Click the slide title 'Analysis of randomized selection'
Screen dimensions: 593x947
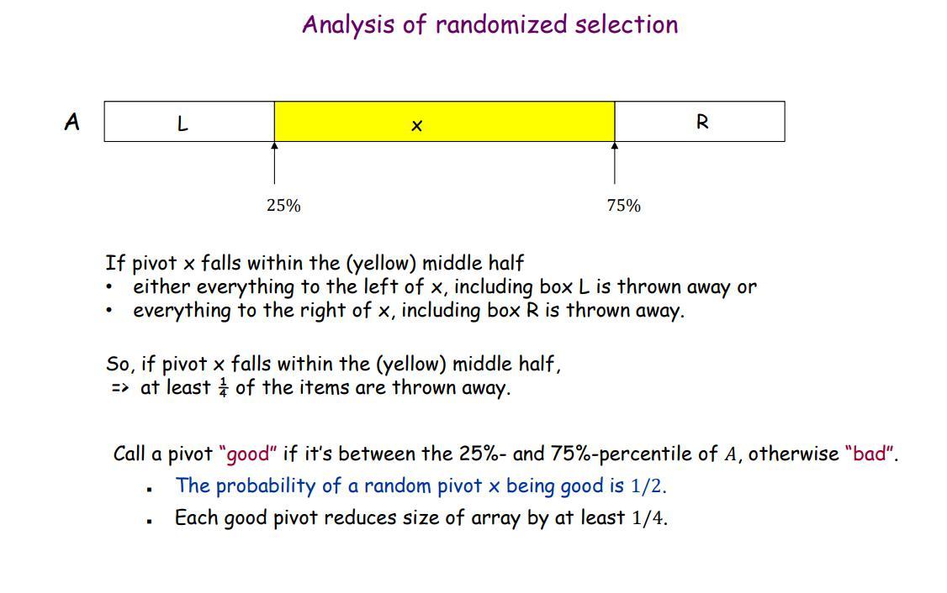pyautogui.click(x=489, y=24)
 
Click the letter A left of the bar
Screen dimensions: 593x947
pyautogui.click(x=72, y=123)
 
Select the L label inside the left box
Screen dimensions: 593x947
pyautogui.click(x=183, y=124)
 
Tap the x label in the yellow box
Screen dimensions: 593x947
pyautogui.click(x=416, y=126)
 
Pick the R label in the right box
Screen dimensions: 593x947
pyautogui.click(x=702, y=123)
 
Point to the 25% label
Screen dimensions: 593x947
pyautogui.click(x=283, y=206)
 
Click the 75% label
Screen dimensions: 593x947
pyautogui.click(x=623, y=206)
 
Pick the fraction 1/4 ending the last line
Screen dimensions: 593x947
pyautogui.click(x=648, y=518)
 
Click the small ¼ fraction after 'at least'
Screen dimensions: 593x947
pyautogui.click(x=223, y=388)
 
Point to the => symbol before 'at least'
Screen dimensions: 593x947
pyautogui.click(x=119, y=388)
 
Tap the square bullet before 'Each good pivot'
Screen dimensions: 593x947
pyautogui.click(x=149, y=521)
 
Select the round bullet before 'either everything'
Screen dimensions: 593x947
pyautogui.click(x=109, y=287)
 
